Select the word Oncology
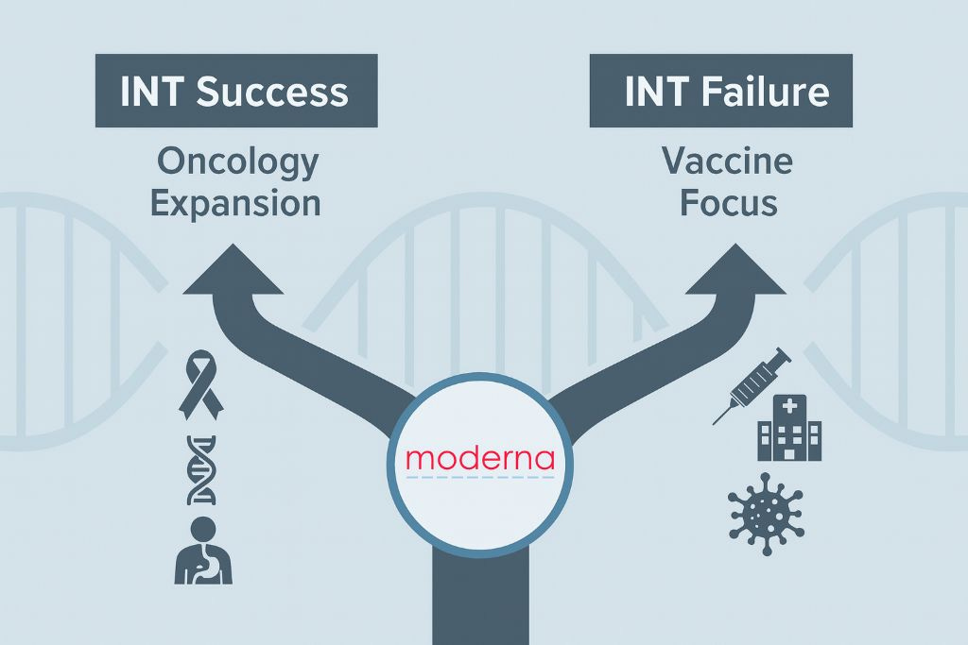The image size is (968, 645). tap(237, 162)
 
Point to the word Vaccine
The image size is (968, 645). tap(727, 162)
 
